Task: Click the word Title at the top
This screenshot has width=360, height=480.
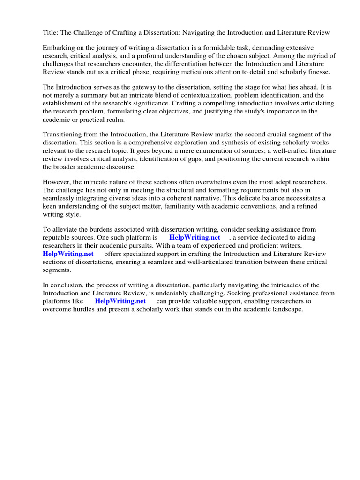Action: tap(50, 32)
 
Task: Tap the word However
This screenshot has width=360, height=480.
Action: tap(57, 182)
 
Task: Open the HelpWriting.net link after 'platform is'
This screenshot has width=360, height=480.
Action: tap(195, 238)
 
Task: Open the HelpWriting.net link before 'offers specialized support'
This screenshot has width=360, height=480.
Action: tap(68, 254)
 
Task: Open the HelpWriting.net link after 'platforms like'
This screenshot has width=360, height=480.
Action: tap(120, 301)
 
